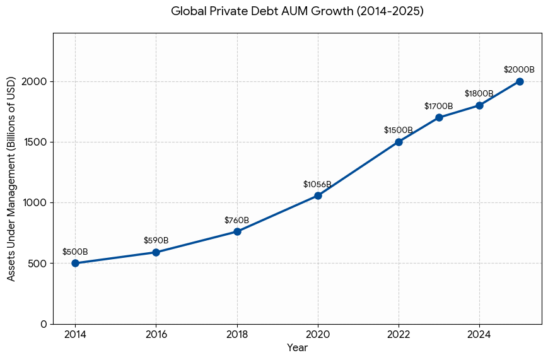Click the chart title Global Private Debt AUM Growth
pyautogui.click(x=297, y=11)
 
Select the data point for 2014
pyautogui.click(x=75, y=263)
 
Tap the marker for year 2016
pyautogui.click(x=156, y=252)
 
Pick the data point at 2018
pyautogui.click(x=237, y=231)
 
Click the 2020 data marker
pyautogui.click(x=318, y=195)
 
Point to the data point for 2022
pyautogui.click(x=399, y=142)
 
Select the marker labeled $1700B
pyautogui.click(x=439, y=117)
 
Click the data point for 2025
pyautogui.click(x=520, y=81)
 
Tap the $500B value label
pyautogui.click(x=75, y=252)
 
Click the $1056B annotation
pyautogui.click(x=317, y=184)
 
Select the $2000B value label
pyautogui.click(x=519, y=70)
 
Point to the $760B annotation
pyautogui.click(x=236, y=220)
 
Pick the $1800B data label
pyautogui.click(x=479, y=94)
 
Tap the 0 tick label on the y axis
pyautogui.click(x=44, y=324)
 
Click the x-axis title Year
pyautogui.click(x=297, y=347)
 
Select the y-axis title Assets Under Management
pyautogui.click(x=11, y=178)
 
